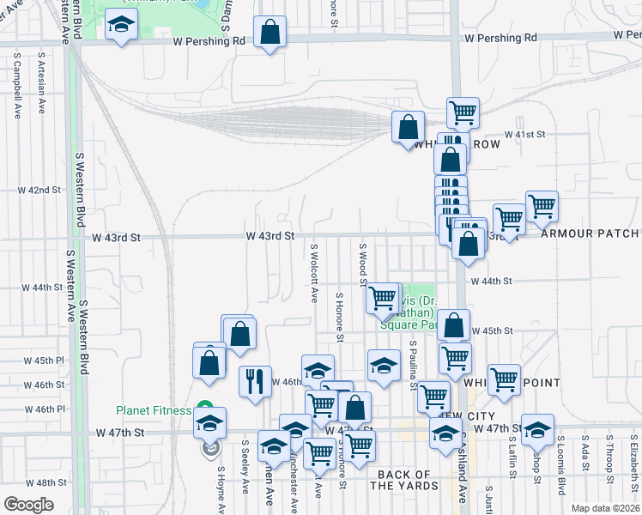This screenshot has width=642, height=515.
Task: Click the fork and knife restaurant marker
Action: [x=253, y=382]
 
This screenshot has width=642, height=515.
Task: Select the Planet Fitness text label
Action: [x=154, y=410]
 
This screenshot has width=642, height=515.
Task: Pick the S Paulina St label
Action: [x=413, y=364]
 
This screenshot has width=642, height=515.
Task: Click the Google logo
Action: [x=28, y=505]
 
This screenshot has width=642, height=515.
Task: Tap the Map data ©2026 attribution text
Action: [x=605, y=508]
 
